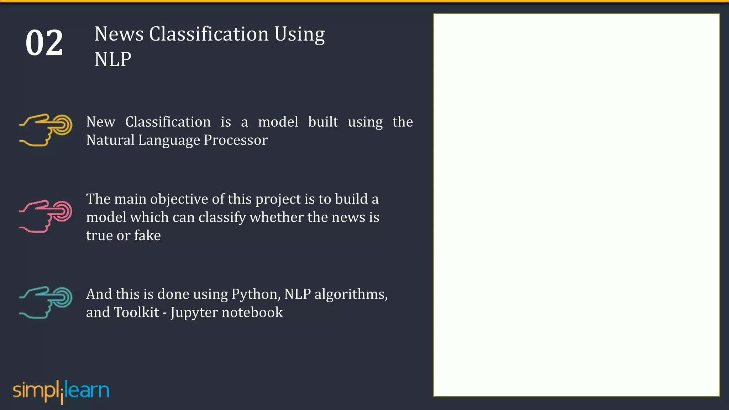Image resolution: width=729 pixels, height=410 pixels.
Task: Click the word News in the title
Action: point(119,34)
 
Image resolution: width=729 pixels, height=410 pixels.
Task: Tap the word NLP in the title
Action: point(113,59)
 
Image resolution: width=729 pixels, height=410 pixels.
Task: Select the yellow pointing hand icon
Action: point(46,130)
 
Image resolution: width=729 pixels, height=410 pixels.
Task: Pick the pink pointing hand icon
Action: point(46,216)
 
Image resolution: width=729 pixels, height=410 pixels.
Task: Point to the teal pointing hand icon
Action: point(46,302)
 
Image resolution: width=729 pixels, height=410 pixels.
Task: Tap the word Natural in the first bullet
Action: point(110,140)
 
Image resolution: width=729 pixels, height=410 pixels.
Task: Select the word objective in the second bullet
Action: point(179,199)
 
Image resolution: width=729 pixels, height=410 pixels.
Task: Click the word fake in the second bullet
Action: point(147,236)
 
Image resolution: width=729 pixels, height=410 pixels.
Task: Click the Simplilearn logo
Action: point(61,391)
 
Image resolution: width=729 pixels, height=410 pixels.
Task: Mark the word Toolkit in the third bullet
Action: point(136,312)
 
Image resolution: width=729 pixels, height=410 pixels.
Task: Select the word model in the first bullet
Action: point(278,122)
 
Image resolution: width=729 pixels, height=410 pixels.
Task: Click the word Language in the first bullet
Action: point(169,140)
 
